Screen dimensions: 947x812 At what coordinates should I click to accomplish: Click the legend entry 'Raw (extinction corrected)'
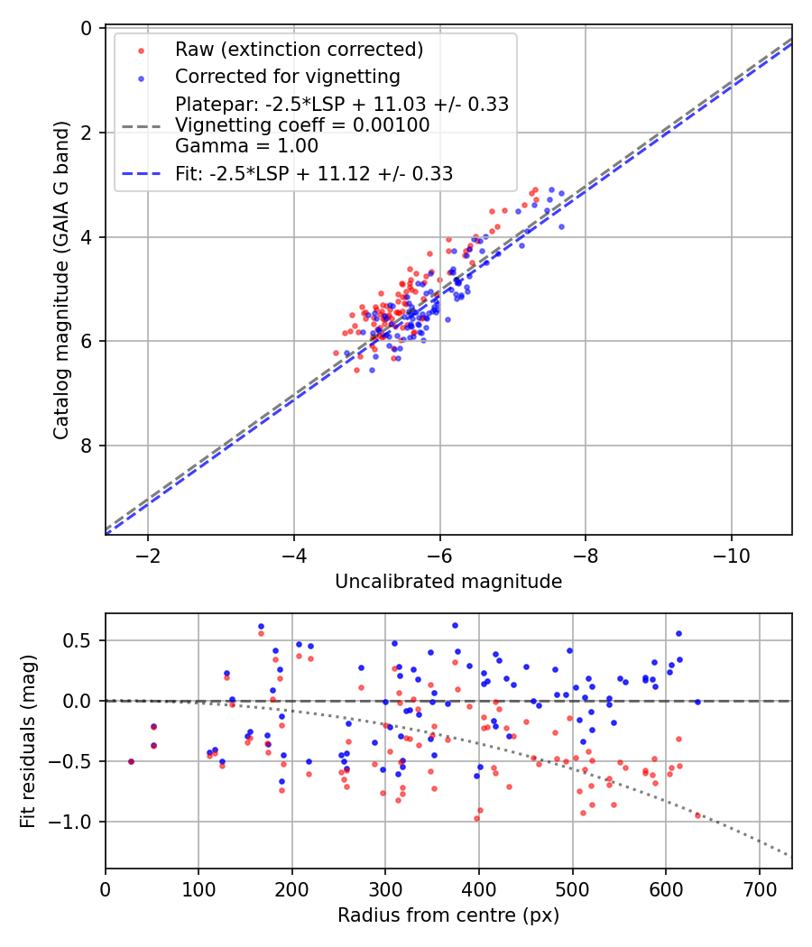299,49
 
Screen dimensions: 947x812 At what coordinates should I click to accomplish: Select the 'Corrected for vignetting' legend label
287,76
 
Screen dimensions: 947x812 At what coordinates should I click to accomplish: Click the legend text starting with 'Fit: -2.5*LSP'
313,174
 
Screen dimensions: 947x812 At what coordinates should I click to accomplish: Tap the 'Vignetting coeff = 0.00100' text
302,124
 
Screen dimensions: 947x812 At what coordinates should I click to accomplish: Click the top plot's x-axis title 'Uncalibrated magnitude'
448,582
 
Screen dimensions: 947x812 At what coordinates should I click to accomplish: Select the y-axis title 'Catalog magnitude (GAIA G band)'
61,281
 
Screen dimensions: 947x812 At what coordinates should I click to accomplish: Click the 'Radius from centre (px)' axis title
448,915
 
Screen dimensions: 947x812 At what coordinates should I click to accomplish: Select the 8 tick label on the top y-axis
87,446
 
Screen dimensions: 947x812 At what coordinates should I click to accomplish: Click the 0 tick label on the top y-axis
87,28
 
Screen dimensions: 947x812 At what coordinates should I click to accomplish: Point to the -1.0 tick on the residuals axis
76,822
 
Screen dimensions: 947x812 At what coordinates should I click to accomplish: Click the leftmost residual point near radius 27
131,761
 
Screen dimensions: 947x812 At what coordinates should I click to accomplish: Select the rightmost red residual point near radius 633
697,815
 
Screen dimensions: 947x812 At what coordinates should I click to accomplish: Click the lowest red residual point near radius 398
476,818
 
